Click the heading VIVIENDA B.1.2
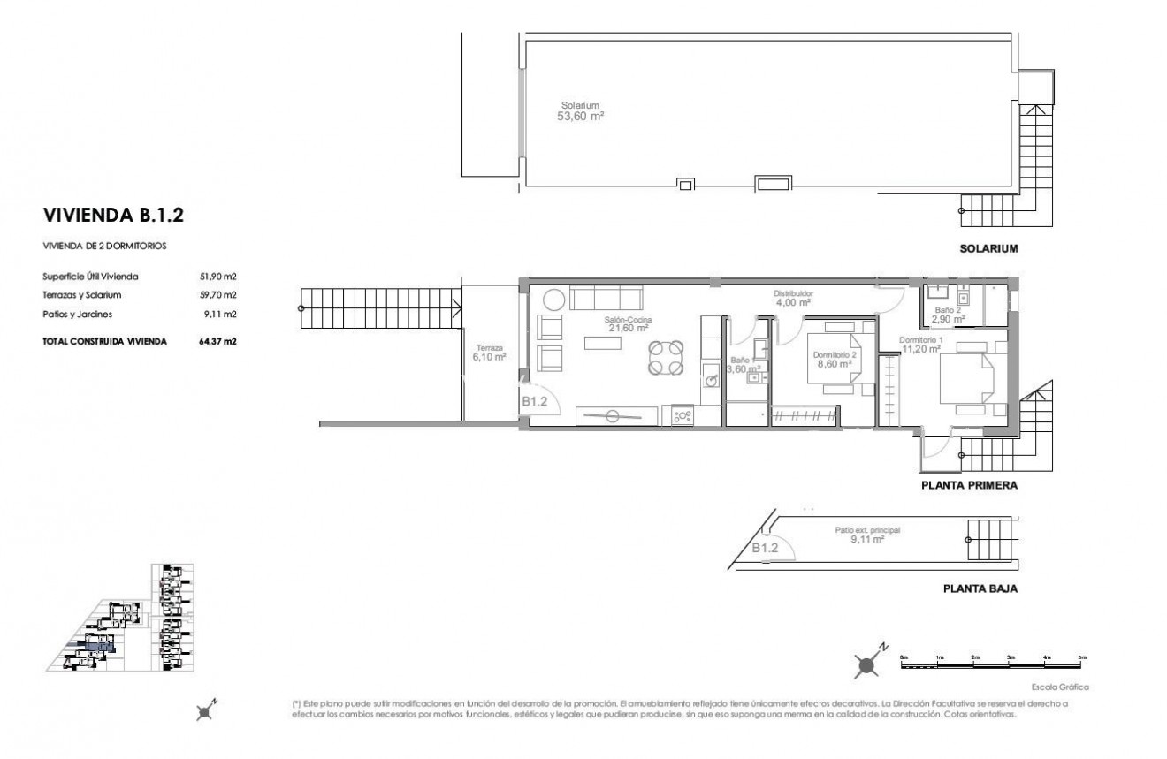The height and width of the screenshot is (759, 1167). (x=113, y=215)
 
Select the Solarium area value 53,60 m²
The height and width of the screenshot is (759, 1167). (x=579, y=116)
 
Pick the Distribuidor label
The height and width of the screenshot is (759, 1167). (x=793, y=293)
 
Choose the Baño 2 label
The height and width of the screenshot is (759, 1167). (x=949, y=311)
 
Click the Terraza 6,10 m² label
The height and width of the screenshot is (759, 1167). (x=489, y=352)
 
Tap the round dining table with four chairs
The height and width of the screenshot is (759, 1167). (x=665, y=358)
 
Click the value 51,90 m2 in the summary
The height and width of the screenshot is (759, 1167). (x=217, y=277)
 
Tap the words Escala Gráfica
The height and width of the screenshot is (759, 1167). (x=1059, y=686)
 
